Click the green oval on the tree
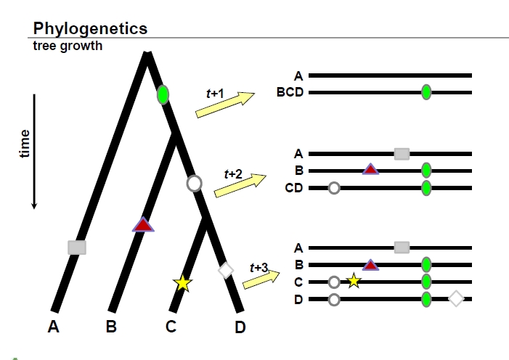163,94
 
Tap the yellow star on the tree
182,283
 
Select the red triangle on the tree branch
143,225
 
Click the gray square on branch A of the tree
77,247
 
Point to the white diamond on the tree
226,270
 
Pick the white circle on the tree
195,183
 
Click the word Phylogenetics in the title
90,29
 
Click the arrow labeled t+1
225,104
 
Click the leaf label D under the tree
240,328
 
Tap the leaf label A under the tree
53,327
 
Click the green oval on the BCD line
426,92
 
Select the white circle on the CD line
333,188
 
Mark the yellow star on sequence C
354,281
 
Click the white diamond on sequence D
456,298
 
